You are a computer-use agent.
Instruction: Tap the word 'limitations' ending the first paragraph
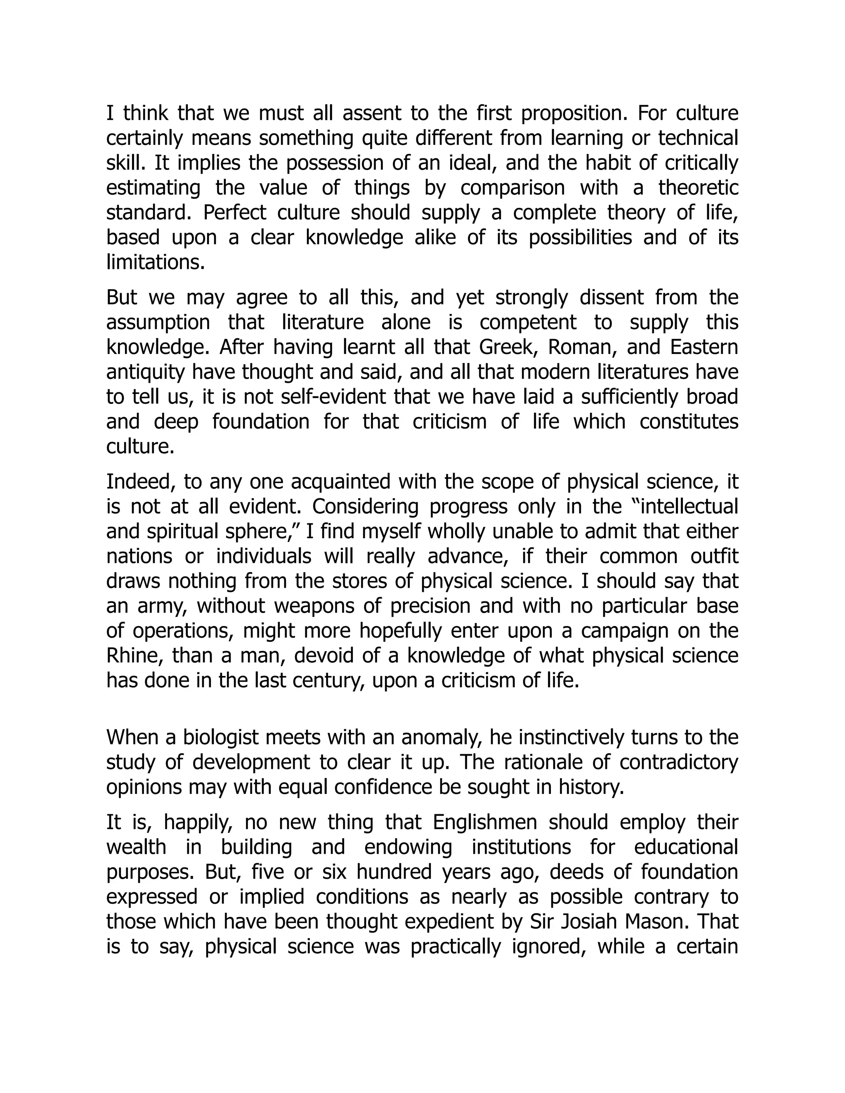[155, 262]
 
